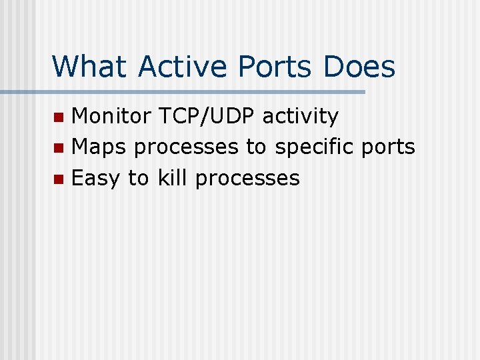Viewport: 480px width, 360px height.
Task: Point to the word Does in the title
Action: [360, 67]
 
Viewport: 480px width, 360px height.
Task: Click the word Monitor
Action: [111, 116]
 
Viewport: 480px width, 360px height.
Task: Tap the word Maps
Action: [99, 147]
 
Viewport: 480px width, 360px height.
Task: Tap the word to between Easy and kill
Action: [138, 178]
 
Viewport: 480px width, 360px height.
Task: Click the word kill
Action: [173, 177]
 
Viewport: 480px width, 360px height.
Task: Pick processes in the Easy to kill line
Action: [247, 179]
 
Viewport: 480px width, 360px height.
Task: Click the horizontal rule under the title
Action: [200, 92]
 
